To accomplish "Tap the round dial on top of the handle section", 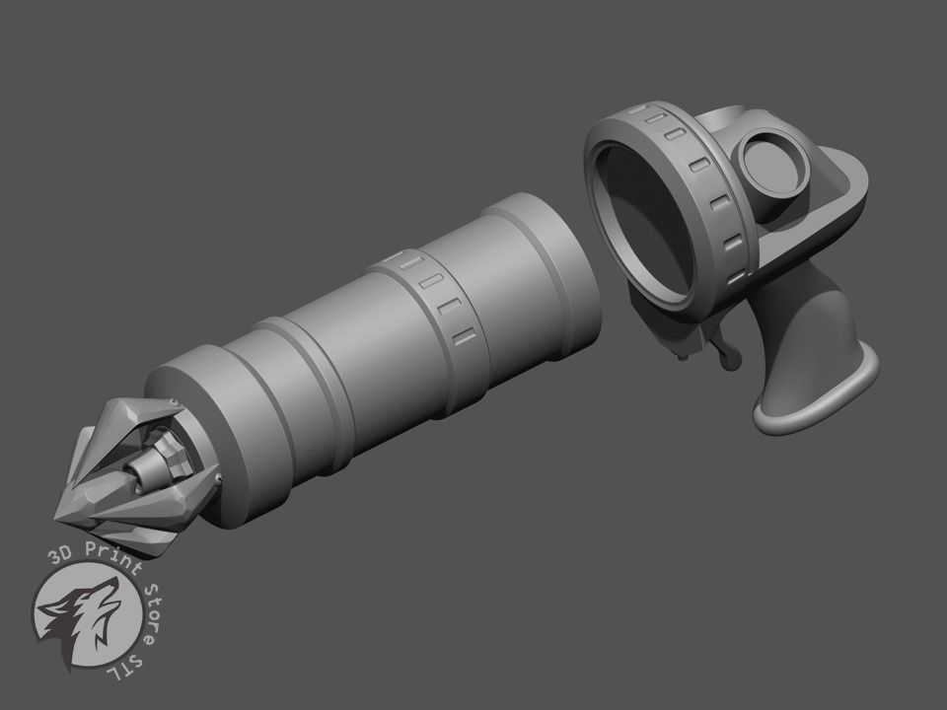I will click(x=774, y=161).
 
